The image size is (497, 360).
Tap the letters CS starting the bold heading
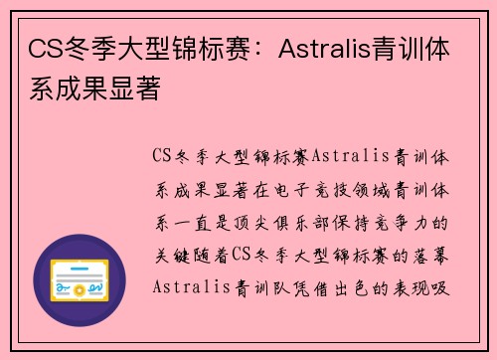point(41,48)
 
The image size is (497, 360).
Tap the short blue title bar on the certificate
point(81,267)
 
